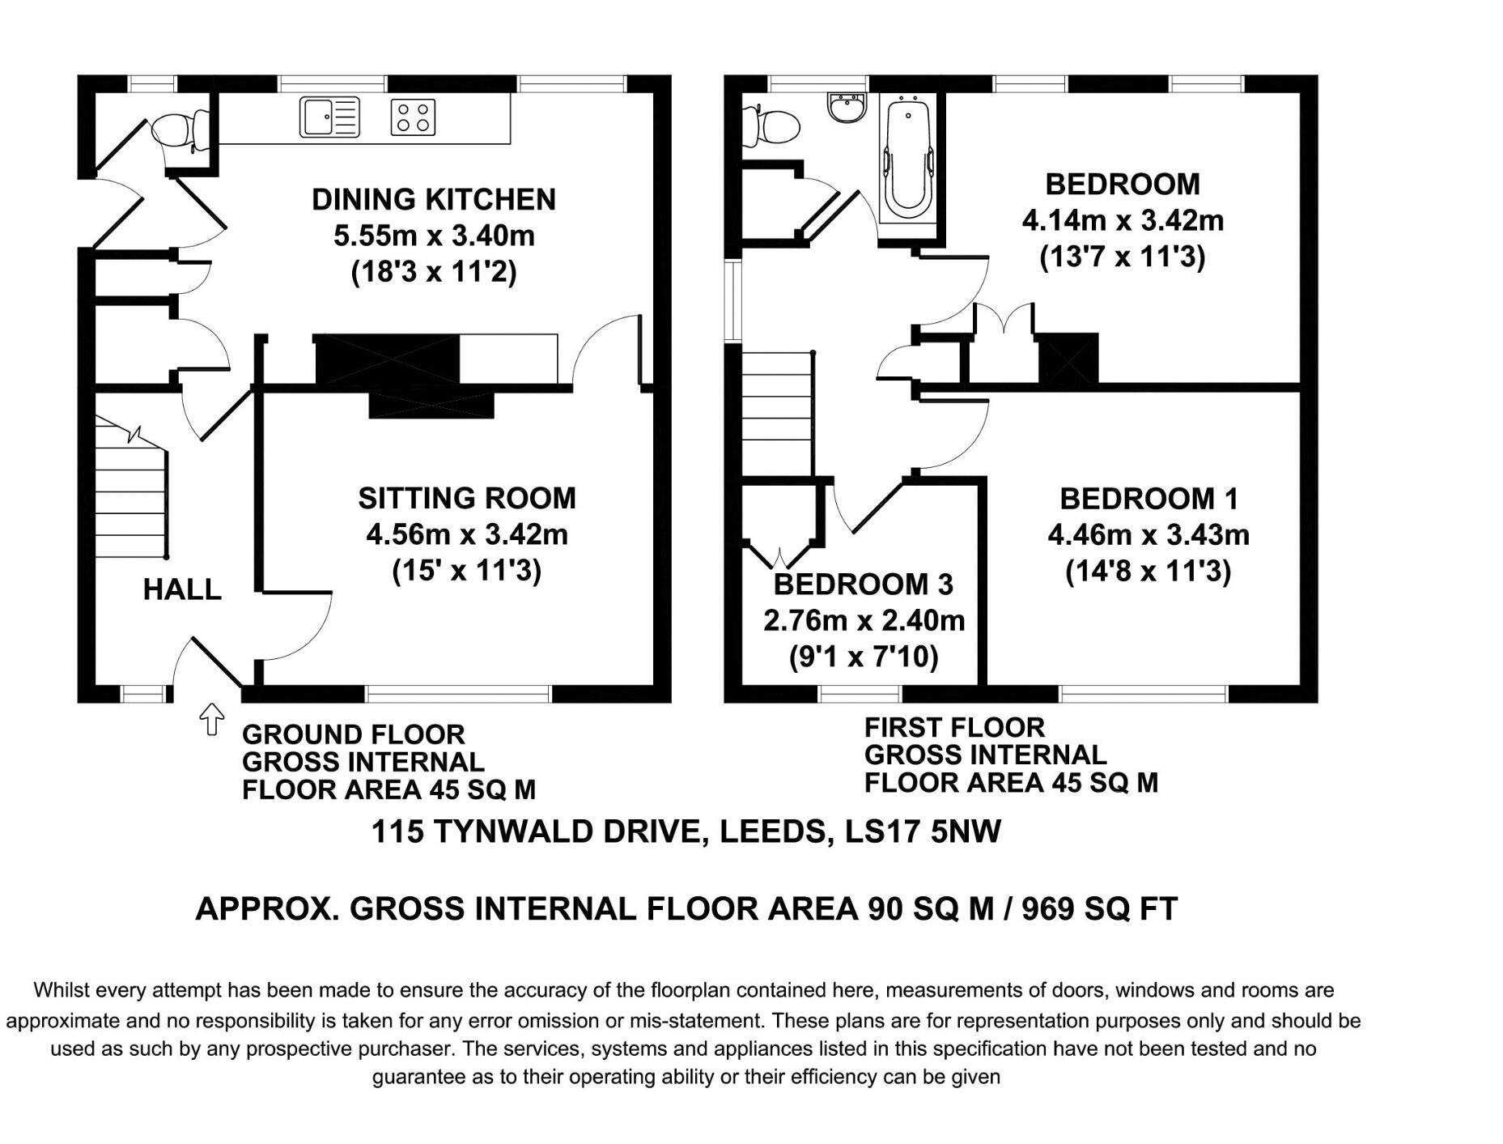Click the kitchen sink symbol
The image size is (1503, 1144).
pyautogui.click(x=330, y=117)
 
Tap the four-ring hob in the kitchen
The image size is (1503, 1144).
pyautogui.click(x=413, y=117)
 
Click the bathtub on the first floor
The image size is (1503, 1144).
pyautogui.click(x=908, y=159)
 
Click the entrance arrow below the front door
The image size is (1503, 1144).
pyautogui.click(x=212, y=719)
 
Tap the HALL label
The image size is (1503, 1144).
pyautogui.click(x=182, y=589)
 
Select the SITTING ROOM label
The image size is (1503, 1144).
pyautogui.click(x=467, y=498)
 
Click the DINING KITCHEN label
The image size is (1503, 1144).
pyautogui.click(x=434, y=199)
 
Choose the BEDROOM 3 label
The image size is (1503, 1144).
pyautogui.click(x=864, y=584)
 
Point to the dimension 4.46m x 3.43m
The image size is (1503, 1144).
pyautogui.click(x=1148, y=535)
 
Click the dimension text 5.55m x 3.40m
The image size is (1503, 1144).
pyautogui.click(x=434, y=236)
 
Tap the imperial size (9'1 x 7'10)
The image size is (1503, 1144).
pyautogui.click(x=864, y=657)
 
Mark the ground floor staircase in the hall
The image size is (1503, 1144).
pyautogui.click(x=132, y=487)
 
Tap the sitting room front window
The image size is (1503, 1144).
pyautogui.click(x=458, y=694)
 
